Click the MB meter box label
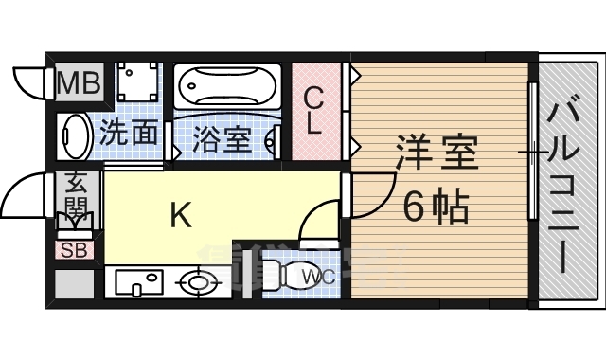coord(79,84)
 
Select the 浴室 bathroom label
coord(223,139)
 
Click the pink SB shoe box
coord(73,250)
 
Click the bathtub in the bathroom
coord(228,88)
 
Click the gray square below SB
coord(73,283)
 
